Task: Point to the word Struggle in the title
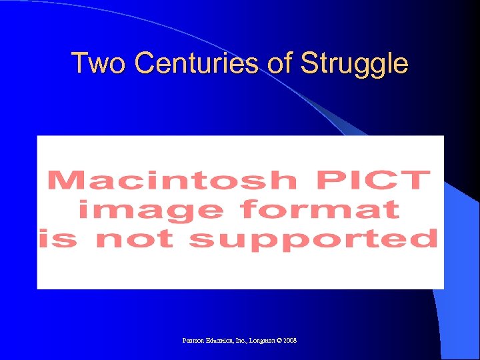354,65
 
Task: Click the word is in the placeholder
54,239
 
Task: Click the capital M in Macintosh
62,181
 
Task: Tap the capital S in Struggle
309,64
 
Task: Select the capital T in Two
79,64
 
